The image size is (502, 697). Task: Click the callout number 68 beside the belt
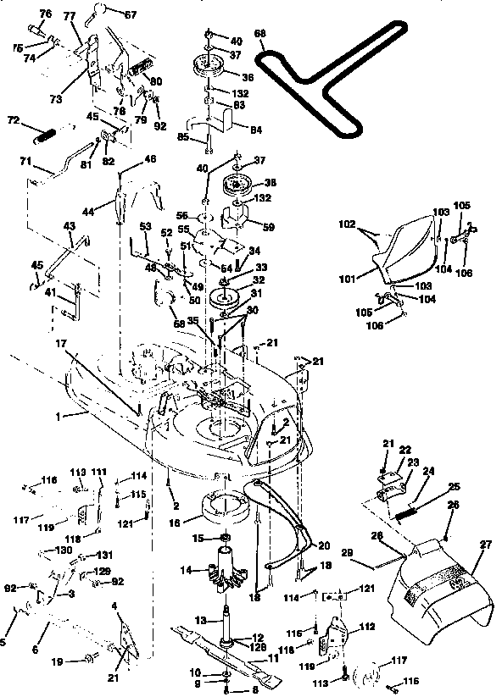[259, 35]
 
